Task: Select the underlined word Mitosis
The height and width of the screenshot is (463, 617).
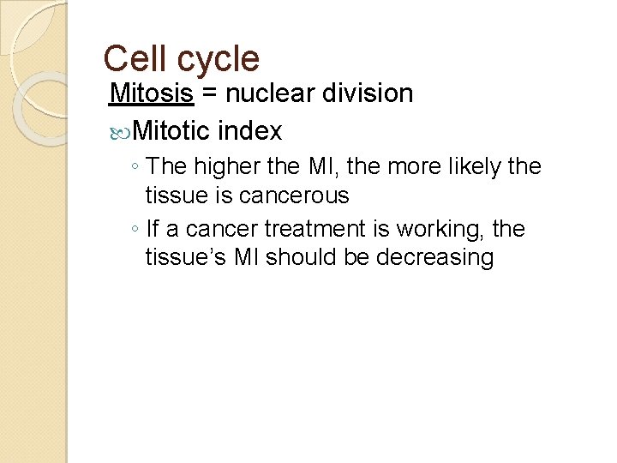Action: tap(152, 93)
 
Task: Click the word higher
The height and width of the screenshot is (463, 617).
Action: tap(221, 166)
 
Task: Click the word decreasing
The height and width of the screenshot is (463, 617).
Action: tap(428, 259)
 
